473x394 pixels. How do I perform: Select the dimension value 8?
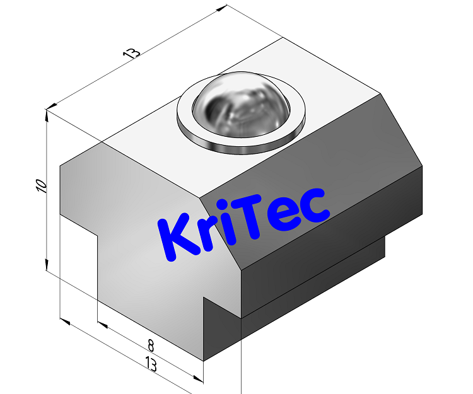151,345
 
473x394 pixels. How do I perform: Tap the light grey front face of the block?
145,265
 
